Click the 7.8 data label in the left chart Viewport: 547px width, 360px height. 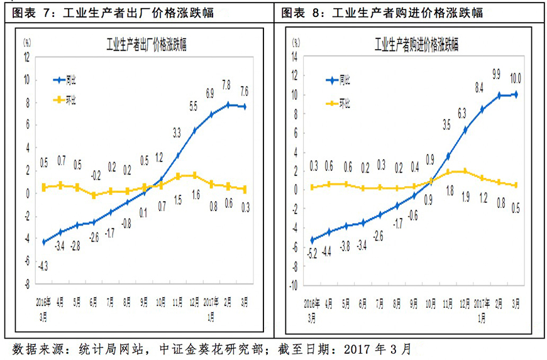point(226,84)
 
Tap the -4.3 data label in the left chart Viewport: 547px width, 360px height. point(44,266)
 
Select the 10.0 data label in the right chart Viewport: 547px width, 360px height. point(516,79)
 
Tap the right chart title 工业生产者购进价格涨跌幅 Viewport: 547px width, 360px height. point(416,45)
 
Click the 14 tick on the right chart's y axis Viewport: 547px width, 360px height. point(295,57)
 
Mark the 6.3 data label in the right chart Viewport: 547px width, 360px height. point(463,113)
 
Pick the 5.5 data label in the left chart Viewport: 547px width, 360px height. point(194,108)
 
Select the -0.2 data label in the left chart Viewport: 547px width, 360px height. point(94,175)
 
